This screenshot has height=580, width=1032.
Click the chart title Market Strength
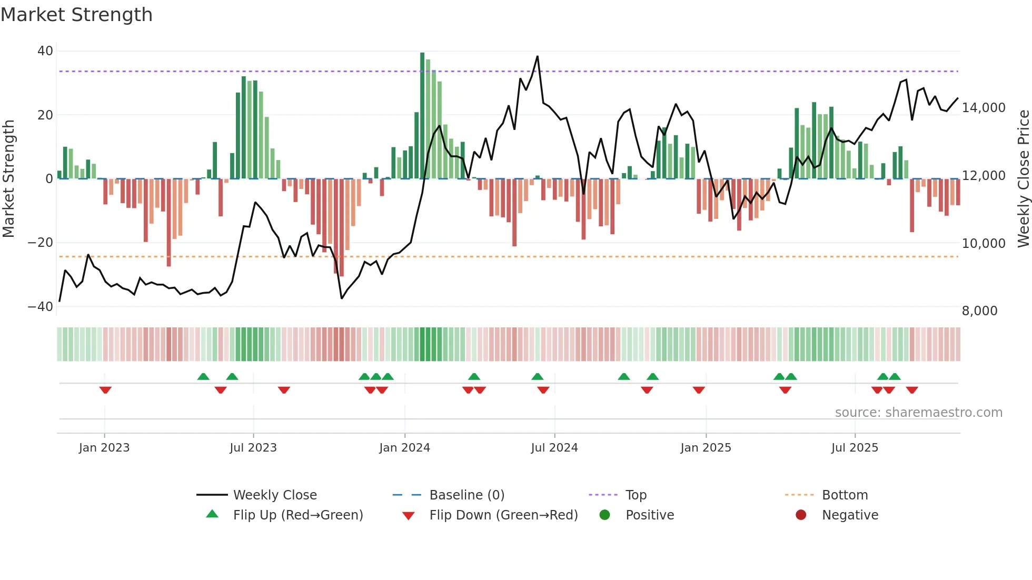point(76,15)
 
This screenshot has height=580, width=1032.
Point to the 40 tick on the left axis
point(45,51)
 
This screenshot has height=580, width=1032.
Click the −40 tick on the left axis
point(41,306)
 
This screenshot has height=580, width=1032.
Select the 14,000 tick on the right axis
point(984,108)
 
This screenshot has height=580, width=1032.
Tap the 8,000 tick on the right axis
point(979,311)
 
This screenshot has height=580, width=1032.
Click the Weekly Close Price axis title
point(1023,179)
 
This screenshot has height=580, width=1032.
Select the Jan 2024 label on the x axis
point(404,448)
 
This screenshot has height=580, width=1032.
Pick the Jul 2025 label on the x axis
point(855,448)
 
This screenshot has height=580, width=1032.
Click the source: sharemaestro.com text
point(918,413)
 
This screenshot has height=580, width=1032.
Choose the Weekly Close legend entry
point(275,495)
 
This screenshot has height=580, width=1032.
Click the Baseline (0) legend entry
point(467,495)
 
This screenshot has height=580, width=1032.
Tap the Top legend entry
point(636,495)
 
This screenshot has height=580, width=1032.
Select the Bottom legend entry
point(845,495)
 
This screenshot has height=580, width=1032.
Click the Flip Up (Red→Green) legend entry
point(298,515)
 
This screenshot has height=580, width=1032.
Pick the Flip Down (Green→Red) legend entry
point(503,515)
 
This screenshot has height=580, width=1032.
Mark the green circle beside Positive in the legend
point(604,515)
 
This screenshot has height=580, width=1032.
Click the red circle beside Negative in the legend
point(801,515)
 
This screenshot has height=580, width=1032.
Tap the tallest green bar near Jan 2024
point(422,116)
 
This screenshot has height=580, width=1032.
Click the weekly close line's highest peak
point(537,56)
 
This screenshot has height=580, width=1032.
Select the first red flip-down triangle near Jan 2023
point(105,390)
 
